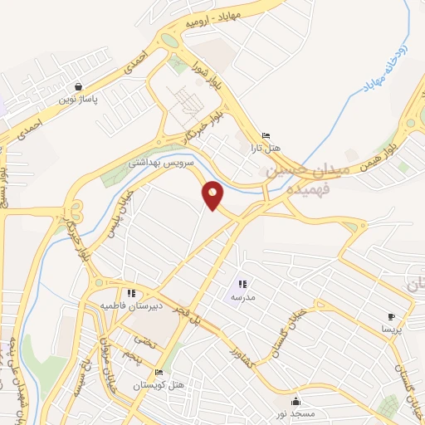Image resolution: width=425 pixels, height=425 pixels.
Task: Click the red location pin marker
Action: click(213, 195)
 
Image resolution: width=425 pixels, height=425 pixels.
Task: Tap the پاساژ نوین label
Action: click(78, 100)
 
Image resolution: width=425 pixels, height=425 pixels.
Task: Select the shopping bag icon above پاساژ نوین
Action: click(78, 86)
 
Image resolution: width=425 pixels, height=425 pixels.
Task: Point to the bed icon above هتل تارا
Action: click(266, 135)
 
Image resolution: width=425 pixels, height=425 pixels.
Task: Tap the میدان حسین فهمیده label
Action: click(302, 179)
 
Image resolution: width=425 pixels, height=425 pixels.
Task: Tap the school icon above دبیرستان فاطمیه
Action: click(131, 293)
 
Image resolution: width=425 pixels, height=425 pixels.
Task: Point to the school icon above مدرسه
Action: click(242, 285)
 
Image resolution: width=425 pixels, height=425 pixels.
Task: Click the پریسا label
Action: click(391, 329)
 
